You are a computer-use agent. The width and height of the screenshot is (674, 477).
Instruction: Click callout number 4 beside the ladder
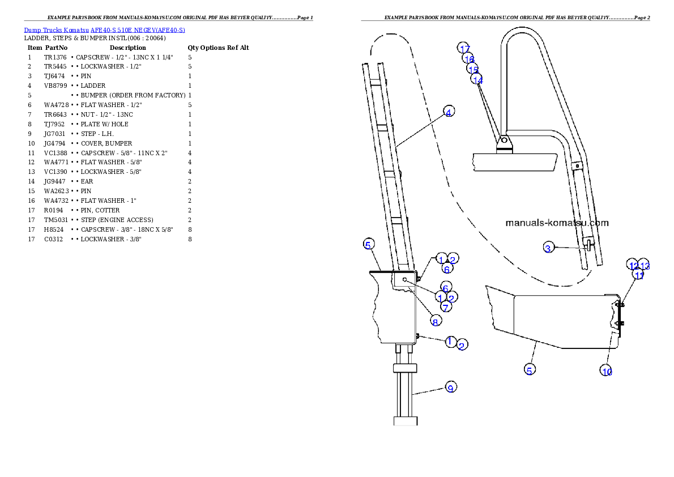coord(448,112)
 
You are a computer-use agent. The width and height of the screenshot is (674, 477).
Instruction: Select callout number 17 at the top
coord(464,49)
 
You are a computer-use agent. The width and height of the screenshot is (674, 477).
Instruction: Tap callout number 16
coord(469,59)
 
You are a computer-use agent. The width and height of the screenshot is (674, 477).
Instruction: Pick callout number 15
coord(473,69)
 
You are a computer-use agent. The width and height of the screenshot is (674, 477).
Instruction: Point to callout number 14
coord(477,80)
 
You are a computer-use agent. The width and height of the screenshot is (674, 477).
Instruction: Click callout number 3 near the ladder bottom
coord(548,248)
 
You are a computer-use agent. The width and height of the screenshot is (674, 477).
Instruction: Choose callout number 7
coord(446,308)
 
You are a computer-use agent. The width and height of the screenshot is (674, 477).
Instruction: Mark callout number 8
coord(435,322)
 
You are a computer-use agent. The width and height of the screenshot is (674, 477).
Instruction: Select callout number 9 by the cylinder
coord(450,388)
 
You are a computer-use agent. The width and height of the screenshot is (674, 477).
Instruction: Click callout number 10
coord(607,371)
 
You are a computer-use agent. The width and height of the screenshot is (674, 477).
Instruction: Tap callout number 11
coord(639,276)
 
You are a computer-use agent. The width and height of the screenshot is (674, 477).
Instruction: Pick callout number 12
coord(634,265)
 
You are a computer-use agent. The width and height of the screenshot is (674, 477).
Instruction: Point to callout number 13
coord(645,265)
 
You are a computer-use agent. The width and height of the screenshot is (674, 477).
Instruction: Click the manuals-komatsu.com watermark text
coord(557,223)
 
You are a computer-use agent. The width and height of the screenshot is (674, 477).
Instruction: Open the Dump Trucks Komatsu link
coord(104,29)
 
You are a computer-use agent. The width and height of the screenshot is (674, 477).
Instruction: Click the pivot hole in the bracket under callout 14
coord(504,139)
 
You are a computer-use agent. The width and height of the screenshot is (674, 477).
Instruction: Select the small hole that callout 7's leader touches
coord(405,280)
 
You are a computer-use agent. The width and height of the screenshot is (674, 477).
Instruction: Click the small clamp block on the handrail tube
coord(577,166)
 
